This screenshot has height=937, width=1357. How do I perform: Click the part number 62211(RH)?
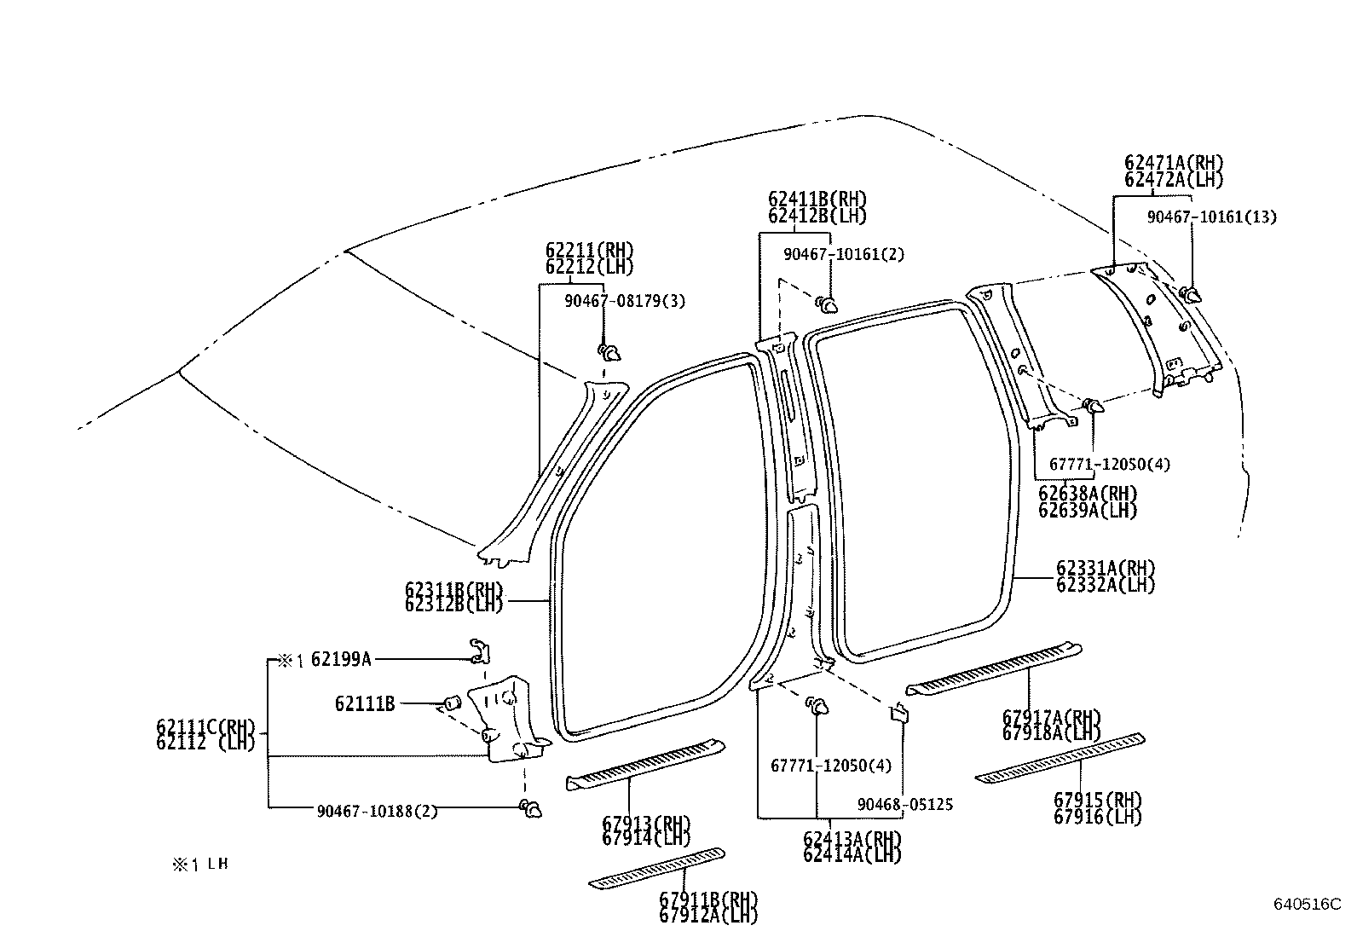coord(590,250)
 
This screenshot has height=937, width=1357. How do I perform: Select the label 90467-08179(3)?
coord(625,301)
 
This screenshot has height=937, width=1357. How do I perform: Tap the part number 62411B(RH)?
coord(817,200)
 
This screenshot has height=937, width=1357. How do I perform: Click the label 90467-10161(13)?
coord(1211,217)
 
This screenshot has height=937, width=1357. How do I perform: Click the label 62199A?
coord(341,658)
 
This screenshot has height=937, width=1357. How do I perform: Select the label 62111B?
coord(365,704)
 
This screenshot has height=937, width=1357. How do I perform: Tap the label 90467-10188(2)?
coord(378,811)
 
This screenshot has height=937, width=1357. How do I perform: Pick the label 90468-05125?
coord(905,804)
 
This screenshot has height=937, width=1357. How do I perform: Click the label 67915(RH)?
coord(1097,800)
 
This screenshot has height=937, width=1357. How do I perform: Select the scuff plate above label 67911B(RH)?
coord(657,867)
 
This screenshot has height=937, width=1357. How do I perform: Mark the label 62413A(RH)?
coord(852,838)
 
